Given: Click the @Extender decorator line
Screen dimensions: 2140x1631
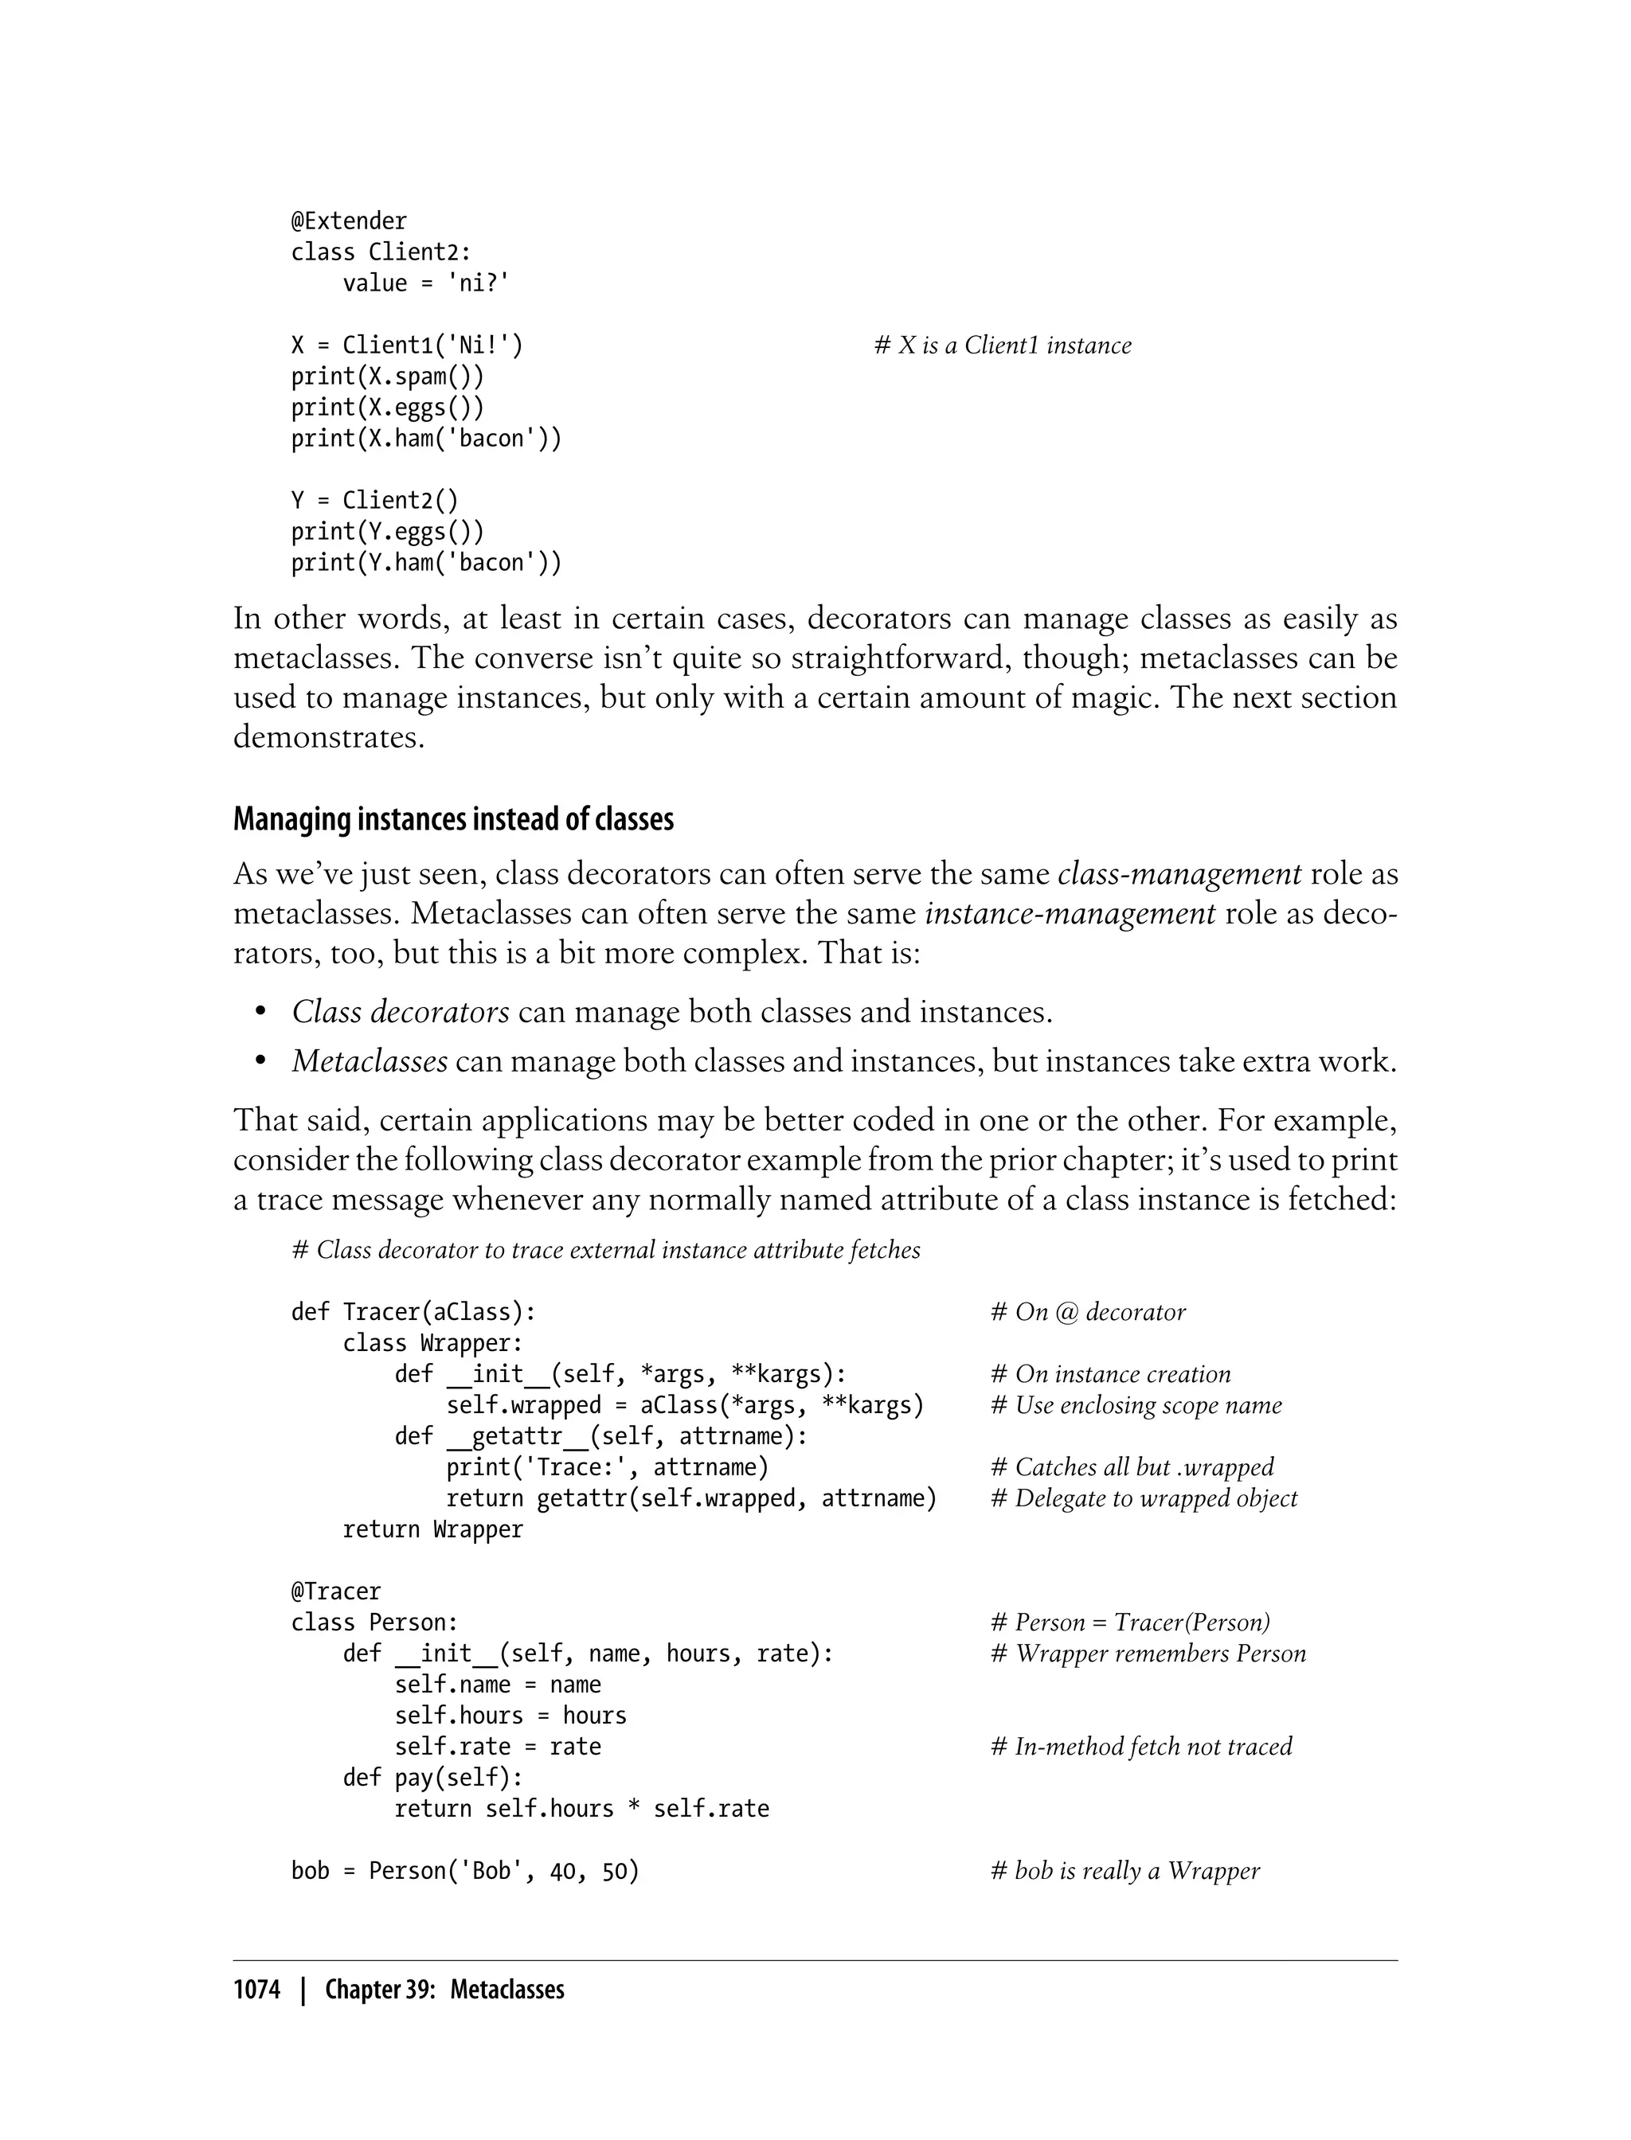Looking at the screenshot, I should click(x=349, y=221).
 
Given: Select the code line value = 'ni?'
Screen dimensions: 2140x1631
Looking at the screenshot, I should click(x=425, y=283).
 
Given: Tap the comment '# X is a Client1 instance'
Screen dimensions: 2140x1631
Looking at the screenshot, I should click(x=1002, y=346).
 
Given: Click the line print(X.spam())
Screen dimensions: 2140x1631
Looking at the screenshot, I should click(x=386, y=377).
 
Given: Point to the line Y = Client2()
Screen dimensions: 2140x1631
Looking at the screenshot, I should click(x=374, y=501).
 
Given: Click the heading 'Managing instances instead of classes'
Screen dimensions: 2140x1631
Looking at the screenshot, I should click(x=452, y=820).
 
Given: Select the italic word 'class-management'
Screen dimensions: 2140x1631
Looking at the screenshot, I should click(x=1179, y=874).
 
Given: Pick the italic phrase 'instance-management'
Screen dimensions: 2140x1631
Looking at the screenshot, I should click(x=1070, y=914).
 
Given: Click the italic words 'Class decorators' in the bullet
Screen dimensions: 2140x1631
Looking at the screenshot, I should click(x=400, y=1012).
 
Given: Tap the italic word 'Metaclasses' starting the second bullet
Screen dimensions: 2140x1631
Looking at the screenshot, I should click(x=369, y=1062).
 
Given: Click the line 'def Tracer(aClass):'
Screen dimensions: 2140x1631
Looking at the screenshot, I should click(x=413, y=1312).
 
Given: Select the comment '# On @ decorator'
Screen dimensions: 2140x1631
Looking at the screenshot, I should click(x=1087, y=1312).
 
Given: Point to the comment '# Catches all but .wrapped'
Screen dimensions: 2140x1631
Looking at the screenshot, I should click(x=1132, y=1467).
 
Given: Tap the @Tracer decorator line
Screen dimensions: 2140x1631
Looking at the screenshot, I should click(x=336, y=1591).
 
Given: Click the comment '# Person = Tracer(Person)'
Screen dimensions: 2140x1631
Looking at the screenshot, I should click(x=1130, y=1623).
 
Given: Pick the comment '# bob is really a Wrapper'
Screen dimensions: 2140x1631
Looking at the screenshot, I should click(x=1124, y=1871).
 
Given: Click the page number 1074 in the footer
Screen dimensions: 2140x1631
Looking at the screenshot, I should click(x=256, y=1990).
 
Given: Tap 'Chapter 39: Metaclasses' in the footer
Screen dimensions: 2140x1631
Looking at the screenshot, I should click(x=444, y=1990).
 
